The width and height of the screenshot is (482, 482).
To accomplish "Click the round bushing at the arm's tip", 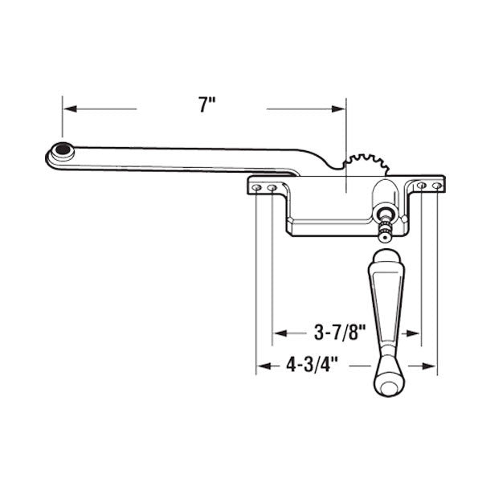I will pos(62,149).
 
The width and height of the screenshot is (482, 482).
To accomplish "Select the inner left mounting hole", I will pos(272,188).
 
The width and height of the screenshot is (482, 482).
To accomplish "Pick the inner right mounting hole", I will pos(422,186).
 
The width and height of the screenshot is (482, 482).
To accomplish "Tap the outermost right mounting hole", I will pos(436,186).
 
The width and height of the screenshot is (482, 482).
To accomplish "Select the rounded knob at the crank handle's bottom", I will pos(387,386).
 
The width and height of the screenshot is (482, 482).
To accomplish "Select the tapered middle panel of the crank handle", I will pos(385,313).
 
